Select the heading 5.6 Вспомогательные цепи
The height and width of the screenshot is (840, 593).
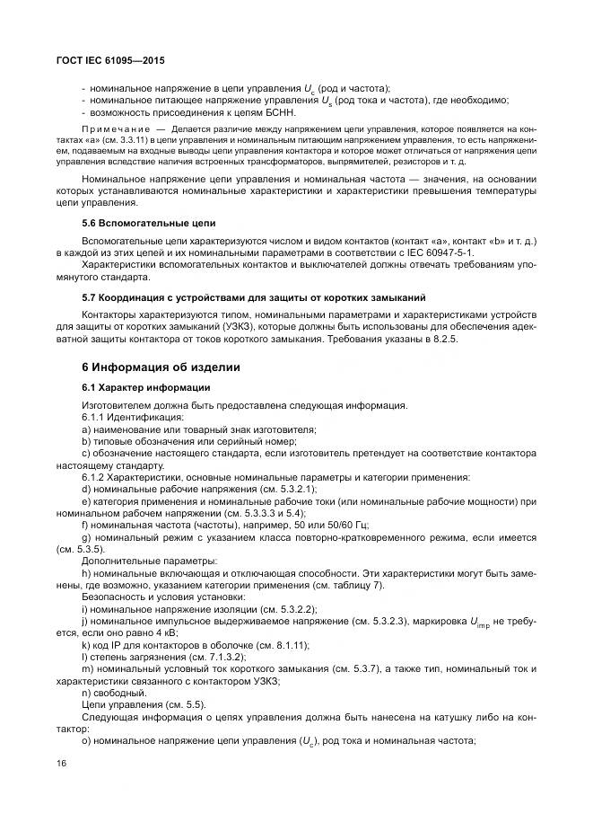tap(148, 221)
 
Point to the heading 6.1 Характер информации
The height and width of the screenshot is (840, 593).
tap(145, 387)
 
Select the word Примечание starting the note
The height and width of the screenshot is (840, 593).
tap(109, 130)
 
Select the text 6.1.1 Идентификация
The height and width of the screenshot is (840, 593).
tap(132, 418)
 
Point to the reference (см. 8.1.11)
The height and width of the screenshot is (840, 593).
tap(277, 644)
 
